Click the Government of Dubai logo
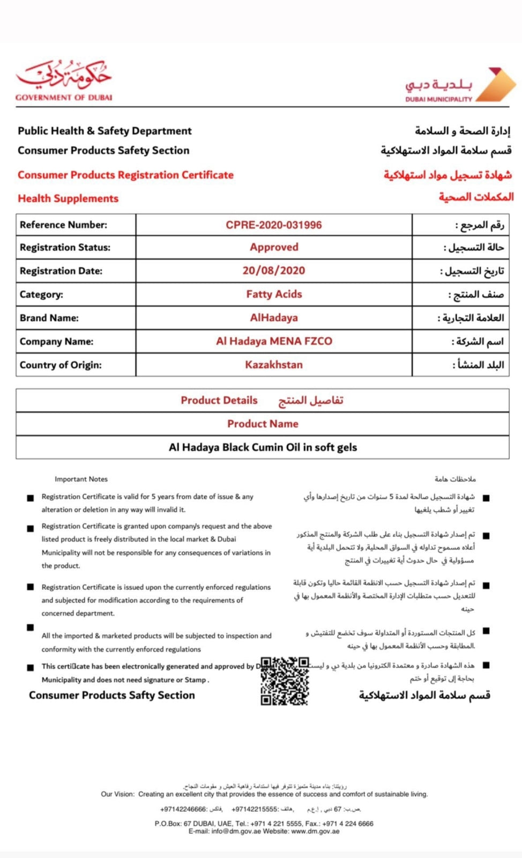pos(63,80)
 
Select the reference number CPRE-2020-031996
pos(273,225)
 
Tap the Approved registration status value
pos(273,247)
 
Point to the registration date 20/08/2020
pos(273,271)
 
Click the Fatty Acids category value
pos(273,294)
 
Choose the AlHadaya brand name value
pos(273,317)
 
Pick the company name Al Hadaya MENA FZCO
pos(273,341)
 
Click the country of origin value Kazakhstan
pos(273,365)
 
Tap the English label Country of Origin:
pos(61,365)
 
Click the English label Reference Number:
pos(63,225)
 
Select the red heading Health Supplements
pos(68,198)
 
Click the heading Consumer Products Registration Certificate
pos(125,175)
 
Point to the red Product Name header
pos(263,424)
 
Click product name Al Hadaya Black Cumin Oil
pos(263,447)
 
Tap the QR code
pos(285,681)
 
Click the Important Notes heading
pos(81,479)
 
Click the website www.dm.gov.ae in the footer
pos(315,831)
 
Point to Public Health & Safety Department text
pos(105,131)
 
